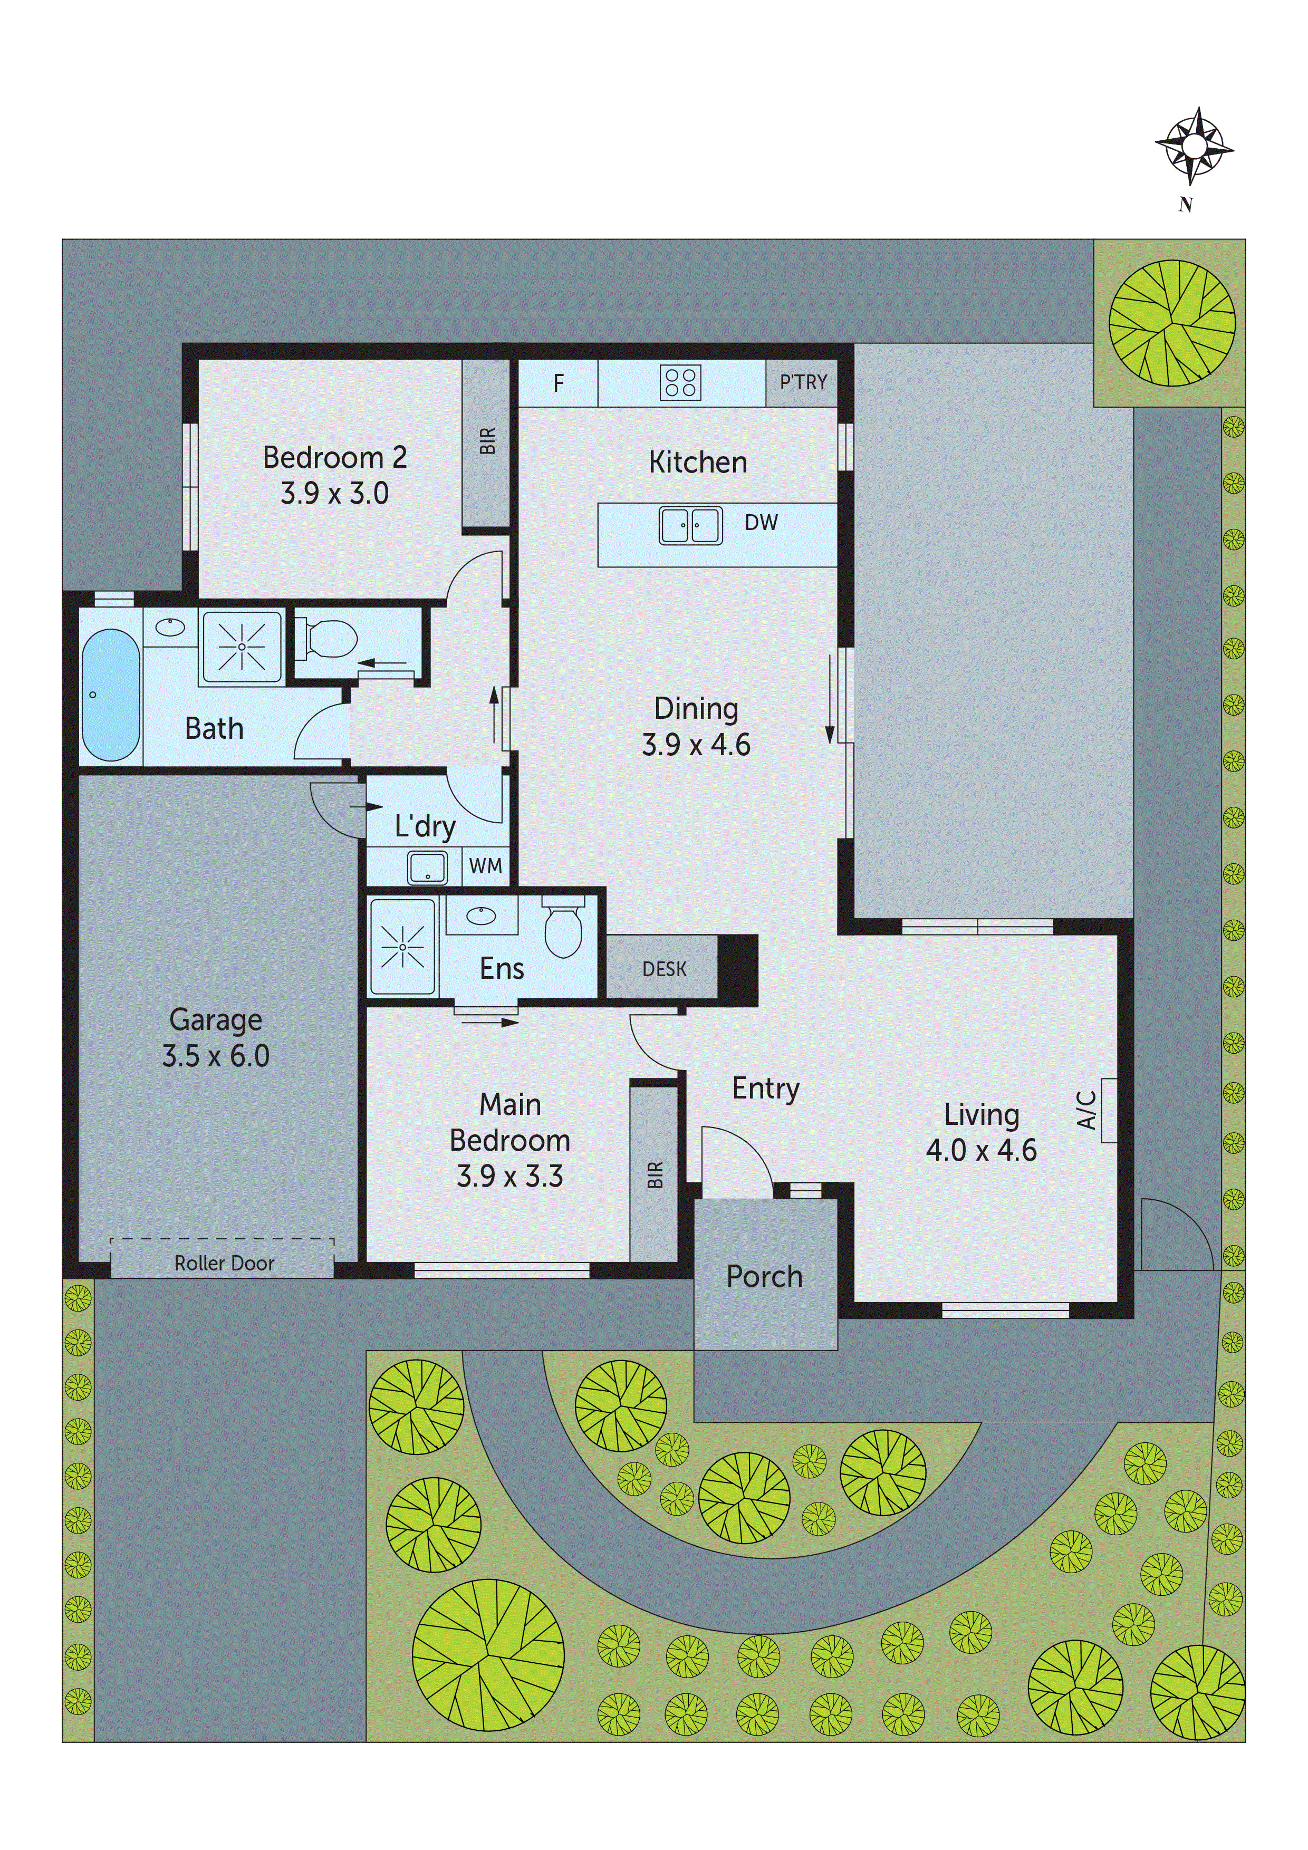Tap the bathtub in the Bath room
pyautogui.click(x=110, y=695)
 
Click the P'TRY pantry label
pyautogui.click(x=803, y=383)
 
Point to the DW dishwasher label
pyautogui.click(x=761, y=523)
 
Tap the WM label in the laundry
pyautogui.click(x=485, y=866)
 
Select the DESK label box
pyautogui.click(x=663, y=969)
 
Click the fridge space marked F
pyautogui.click(x=557, y=383)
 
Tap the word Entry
pyautogui.click(x=766, y=1088)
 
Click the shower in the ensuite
pyautogui.click(x=402, y=947)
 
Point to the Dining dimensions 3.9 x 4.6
pyautogui.click(x=696, y=745)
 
